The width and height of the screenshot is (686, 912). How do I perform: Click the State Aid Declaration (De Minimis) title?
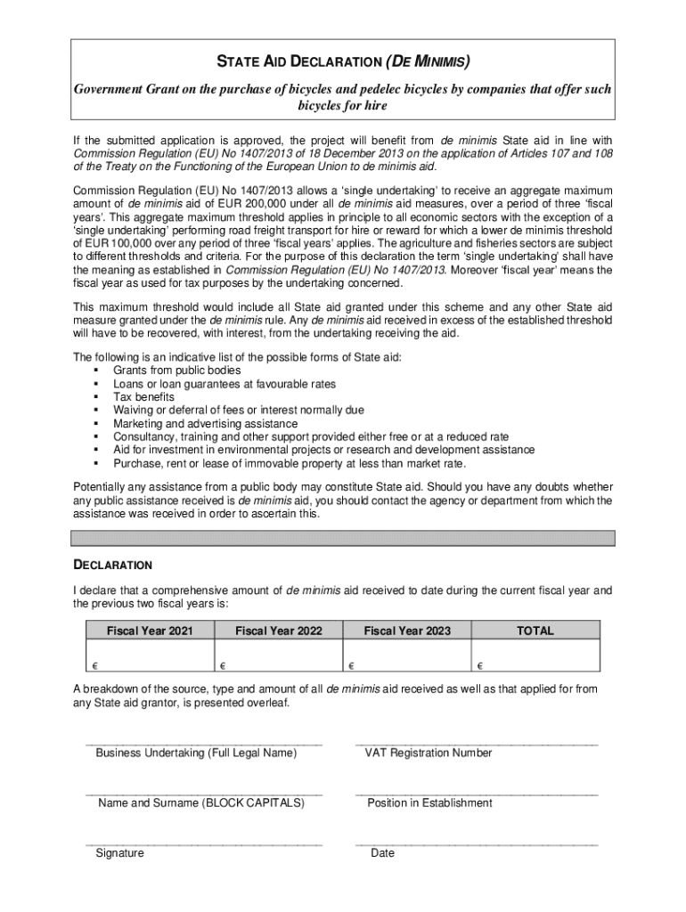pyautogui.click(x=343, y=62)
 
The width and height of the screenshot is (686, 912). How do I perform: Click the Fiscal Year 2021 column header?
pyautogui.click(x=150, y=631)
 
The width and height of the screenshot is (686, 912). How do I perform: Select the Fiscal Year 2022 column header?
pyautogui.click(x=278, y=631)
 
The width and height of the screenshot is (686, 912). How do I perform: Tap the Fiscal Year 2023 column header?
pyautogui.click(x=407, y=631)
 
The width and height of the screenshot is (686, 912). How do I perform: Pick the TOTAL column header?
pyautogui.click(x=535, y=631)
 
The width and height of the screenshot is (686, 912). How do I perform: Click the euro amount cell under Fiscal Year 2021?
pyautogui.click(x=150, y=658)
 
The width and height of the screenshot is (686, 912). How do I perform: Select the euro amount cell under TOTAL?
pyautogui.click(x=535, y=658)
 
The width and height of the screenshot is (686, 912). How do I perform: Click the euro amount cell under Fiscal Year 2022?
pyautogui.click(x=278, y=658)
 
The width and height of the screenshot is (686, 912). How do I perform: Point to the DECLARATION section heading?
pyautogui.click(x=112, y=565)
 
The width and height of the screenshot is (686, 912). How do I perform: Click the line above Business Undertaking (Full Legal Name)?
pyautogui.click(x=203, y=740)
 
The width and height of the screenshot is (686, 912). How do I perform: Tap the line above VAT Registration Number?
pyautogui.click(x=476, y=740)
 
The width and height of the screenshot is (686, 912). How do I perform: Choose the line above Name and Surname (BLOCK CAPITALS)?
pyautogui.click(x=203, y=790)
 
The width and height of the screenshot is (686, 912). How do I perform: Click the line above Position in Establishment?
pyautogui.click(x=476, y=790)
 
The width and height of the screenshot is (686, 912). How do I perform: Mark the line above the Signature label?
pyautogui.click(x=203, y=841)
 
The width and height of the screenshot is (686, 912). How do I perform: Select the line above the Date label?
pyautogui.click(x=476, y=841)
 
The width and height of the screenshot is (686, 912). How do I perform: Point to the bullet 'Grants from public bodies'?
pyautogui.click(x=176, y=370)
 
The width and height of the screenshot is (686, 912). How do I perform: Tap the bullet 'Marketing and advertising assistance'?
pyautogui.click(x=205, y=424)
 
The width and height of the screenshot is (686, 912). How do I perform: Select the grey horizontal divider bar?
pyautogui.click(x=343, y=538)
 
